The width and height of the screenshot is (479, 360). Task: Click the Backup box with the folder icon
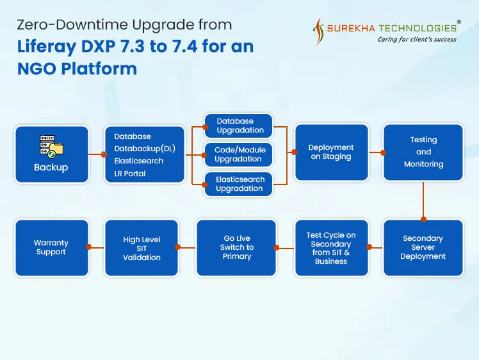51,154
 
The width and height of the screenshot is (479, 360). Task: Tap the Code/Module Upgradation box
238,154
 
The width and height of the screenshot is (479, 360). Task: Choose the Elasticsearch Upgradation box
239,184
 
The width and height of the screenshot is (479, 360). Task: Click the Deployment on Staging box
331,152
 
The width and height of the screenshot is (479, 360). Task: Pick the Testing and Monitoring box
423,152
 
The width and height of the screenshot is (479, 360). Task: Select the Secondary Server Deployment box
423,247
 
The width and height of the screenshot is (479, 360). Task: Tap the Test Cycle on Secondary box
331,248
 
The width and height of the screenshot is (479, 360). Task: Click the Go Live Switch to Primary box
236,247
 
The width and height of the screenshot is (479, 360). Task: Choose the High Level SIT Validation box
142,248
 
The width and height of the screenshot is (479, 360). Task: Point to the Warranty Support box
51,247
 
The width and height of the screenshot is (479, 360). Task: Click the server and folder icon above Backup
51,146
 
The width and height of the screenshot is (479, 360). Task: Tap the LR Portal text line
126,174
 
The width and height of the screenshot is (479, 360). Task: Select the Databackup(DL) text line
145,149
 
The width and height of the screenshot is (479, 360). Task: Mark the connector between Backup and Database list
97,154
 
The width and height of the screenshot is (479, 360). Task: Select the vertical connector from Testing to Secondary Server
423,201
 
